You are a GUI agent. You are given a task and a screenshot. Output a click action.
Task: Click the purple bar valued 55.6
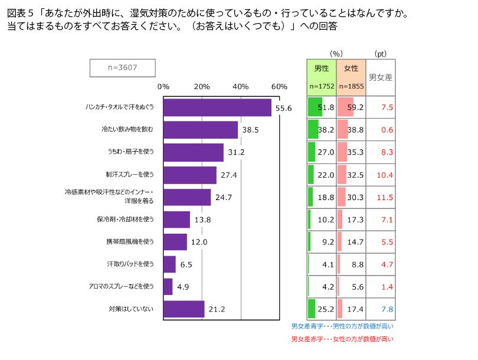217,107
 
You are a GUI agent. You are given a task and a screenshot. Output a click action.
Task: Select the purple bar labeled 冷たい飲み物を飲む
201,130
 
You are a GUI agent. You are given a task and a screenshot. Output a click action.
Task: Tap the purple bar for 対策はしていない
184,309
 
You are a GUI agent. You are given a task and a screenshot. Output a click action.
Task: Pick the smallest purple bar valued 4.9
168,287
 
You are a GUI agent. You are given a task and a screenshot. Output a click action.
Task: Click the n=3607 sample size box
123,67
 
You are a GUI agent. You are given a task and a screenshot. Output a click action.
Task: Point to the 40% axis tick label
241,87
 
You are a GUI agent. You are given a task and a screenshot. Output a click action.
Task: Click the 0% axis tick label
163,87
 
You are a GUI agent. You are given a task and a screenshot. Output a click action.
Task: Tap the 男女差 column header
381,77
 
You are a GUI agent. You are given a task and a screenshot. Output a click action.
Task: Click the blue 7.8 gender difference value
387,309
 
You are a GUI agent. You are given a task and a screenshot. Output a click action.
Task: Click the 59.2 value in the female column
356,107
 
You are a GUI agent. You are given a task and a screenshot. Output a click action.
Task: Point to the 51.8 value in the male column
326,107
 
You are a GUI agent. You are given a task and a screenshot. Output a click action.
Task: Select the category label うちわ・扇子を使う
130,152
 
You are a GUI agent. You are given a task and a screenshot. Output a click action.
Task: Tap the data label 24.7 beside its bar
223,197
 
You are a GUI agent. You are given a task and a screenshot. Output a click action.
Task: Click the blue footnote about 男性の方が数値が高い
342,326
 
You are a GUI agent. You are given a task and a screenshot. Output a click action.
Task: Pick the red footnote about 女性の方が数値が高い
342,339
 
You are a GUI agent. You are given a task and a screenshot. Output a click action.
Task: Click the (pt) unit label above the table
381,54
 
